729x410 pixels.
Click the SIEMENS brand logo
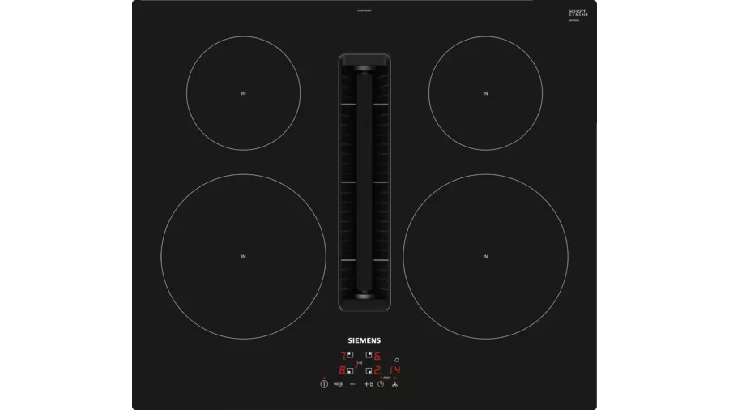(x=364, y=341)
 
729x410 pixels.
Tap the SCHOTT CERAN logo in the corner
(x=578, y=13)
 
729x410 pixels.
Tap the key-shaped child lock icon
(x=338, y=384)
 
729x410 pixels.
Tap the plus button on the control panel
(x=366, y=384)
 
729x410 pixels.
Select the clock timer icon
(x=381, y=384)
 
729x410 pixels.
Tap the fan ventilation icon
(x=394, y=384)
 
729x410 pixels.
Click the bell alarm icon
(x=396, y=360)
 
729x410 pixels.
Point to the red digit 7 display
(x=343, y=356)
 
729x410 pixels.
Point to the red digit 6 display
(x=377, y=356)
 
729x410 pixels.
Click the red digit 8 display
(x=342, y=370)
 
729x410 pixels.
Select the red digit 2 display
(x=377, y=370)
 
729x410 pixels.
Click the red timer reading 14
(x=394, y=370)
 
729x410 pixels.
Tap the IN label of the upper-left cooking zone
(x=243, y=94)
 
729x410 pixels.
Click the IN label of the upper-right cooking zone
(x=485, y=94)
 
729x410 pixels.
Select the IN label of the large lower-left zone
(x=243, y=257)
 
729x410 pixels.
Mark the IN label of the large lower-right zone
(x=485, y=257)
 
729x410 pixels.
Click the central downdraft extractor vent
(x=364, y=182)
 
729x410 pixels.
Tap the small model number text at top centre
(x=364, y=11)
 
